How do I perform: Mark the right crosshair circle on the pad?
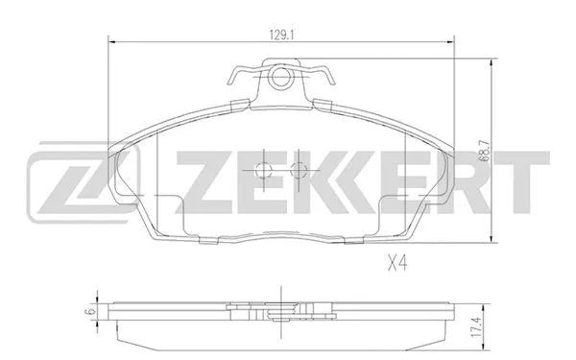pyautogui.click(x=298, y=170)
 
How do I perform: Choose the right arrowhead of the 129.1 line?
pyautogui.click(x=451, y=41)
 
